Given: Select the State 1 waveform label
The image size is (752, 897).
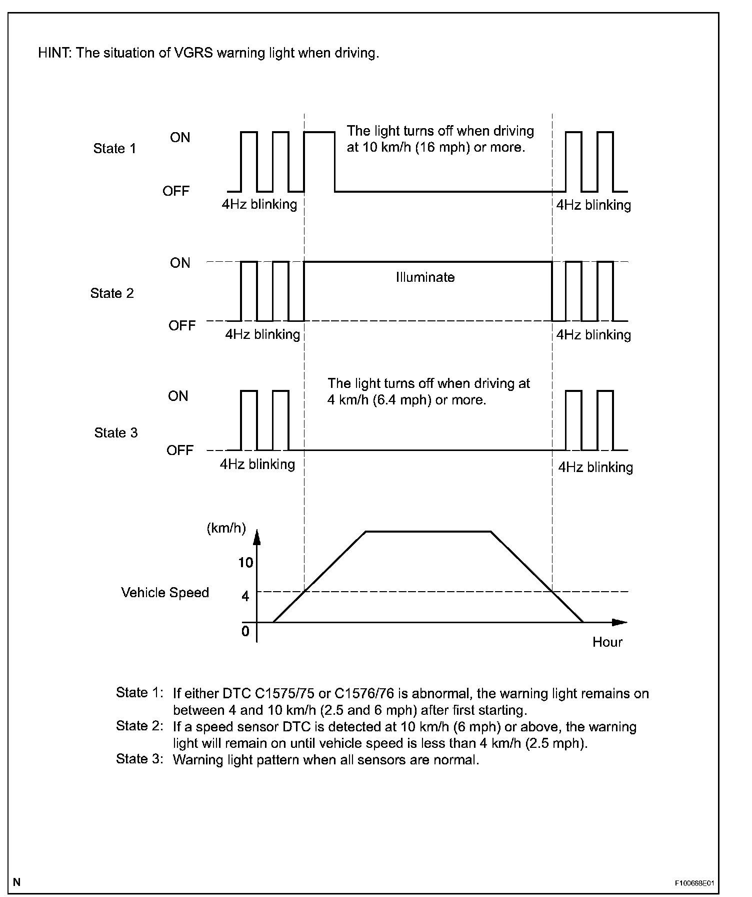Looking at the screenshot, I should tap(114, 149).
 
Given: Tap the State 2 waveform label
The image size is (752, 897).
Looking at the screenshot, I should tap(112, 293).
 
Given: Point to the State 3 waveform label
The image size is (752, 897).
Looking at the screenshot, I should tap(115, 432).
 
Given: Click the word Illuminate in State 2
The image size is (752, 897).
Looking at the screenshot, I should tap(425, 277).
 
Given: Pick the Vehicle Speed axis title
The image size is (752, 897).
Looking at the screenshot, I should tap(164, 593).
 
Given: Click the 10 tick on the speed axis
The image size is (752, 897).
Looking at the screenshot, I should tap(245, 563).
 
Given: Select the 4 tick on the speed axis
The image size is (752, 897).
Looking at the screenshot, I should tap(245, 596).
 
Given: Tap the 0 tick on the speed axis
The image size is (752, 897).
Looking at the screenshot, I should tap(245, 632).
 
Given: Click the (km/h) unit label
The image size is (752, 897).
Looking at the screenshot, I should tap(226, 529).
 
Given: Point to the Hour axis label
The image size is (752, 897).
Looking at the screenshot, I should tap(607, 642).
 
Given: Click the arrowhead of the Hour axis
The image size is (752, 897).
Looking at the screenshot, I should tap(619, 622).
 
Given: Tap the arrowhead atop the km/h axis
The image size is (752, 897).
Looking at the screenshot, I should tap(256, 537).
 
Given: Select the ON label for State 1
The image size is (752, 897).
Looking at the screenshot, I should tap(180, 138).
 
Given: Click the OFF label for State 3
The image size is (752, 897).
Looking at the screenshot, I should tap(179, 451).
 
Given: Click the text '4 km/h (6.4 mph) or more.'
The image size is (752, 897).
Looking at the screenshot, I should tap(406, 400).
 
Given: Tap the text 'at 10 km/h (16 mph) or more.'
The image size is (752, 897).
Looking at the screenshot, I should tap(436, 148).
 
